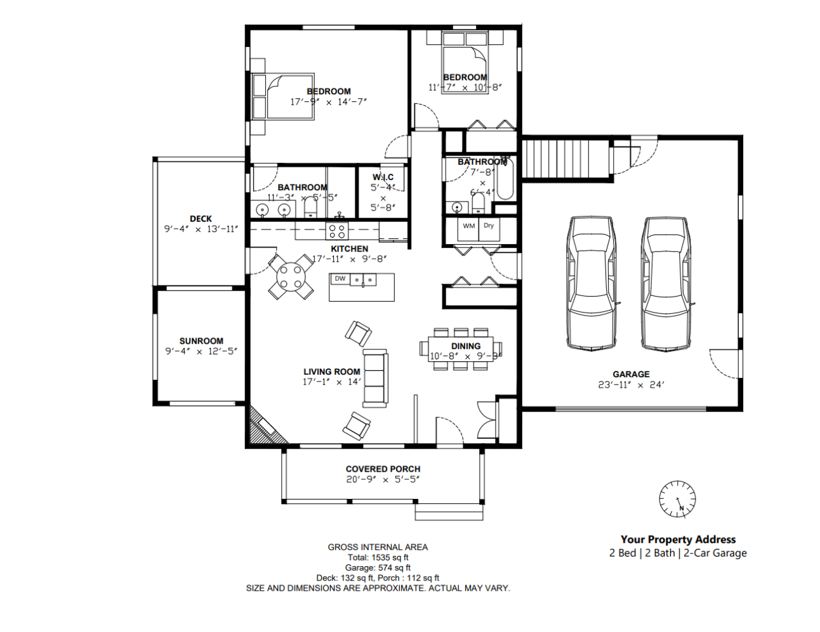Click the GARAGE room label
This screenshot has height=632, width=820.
[x=631, y=374]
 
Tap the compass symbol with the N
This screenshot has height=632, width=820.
[x=677, y=499]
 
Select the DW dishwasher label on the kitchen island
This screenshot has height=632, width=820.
[x=340, y=279]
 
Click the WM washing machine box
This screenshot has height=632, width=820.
[x=468, y=227]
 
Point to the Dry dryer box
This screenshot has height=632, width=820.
[x=489, y=226]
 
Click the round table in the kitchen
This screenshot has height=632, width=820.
[x=291, y=276]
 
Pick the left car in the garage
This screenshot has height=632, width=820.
[x=592, y=283]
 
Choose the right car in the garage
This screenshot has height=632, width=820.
[x=665, y=283]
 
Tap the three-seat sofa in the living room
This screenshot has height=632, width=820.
[x=375, y=378]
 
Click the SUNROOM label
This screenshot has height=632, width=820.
[x=201, y=340]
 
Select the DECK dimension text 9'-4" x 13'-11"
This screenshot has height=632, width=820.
[x=201, y=229]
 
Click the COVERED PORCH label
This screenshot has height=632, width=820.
[x=383, y=469]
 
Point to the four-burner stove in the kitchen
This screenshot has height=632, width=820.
[x=337, y=231]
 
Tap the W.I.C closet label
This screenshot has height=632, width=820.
[x=383, y=177]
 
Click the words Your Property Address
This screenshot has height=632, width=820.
[x=678, y=539]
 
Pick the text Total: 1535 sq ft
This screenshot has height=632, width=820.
[x=378, y=558]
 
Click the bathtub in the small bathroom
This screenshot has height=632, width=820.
[x=505, y=181]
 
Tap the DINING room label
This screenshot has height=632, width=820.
[x=466, y=346]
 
